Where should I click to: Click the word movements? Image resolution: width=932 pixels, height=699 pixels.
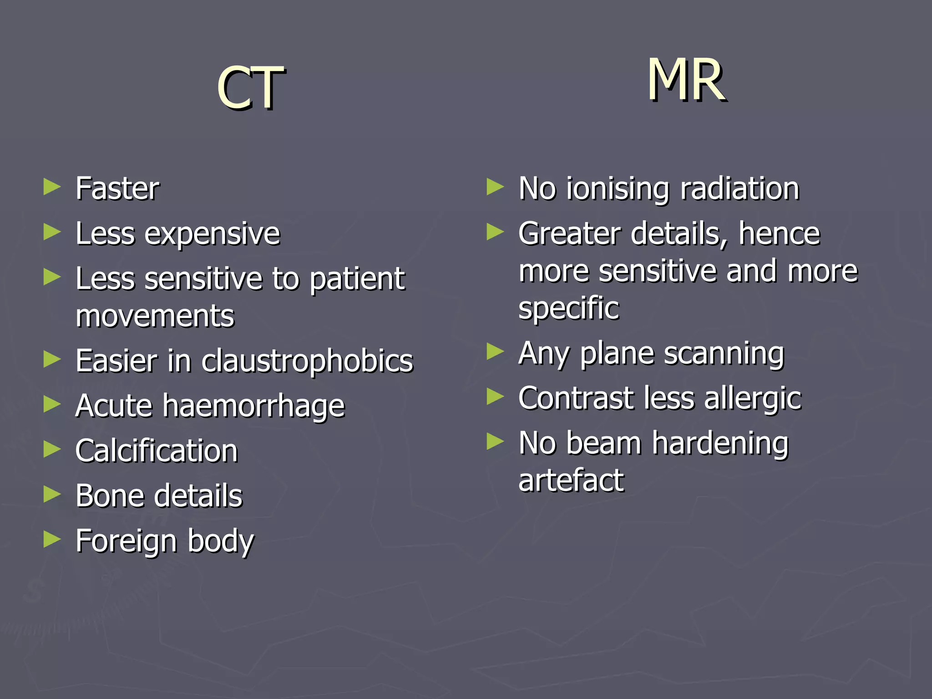coord(155,316)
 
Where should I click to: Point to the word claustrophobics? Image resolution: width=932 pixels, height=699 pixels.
coord(307,361)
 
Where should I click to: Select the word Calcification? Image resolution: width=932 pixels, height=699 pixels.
coord(157,451)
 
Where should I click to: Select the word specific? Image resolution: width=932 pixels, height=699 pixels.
coord(569,309)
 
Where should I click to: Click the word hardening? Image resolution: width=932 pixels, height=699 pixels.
coord(720,444)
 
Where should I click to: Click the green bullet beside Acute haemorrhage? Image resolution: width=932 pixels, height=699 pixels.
coord(52,404)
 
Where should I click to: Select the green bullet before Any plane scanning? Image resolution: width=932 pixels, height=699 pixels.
coord(495,352)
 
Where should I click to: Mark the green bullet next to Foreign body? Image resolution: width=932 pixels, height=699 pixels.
coord(52,539)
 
